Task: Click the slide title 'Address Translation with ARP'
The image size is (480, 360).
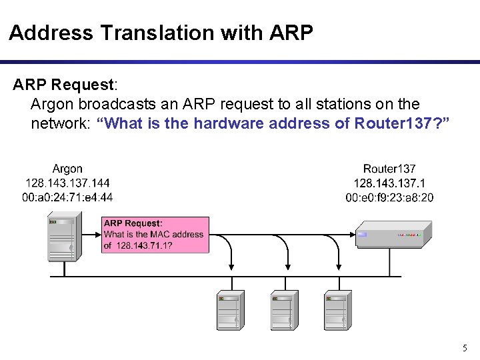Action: [161, 33]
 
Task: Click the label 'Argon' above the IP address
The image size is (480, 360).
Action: [67, 169]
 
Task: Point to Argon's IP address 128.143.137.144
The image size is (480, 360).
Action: [67, 183]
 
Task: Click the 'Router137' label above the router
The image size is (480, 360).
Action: [389, 169]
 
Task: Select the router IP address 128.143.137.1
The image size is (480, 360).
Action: [389, 183]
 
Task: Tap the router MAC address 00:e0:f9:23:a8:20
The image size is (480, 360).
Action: [389, 197]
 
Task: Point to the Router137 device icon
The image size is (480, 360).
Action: [393, 235]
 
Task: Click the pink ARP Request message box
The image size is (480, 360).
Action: [155, 235]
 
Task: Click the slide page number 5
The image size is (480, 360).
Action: [465, 348]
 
